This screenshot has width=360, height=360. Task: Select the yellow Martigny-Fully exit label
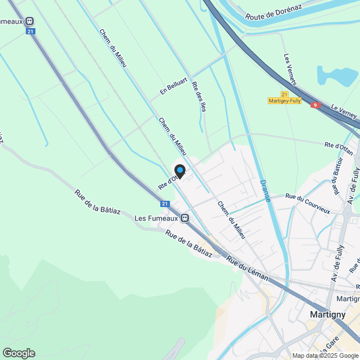tap(284, 101)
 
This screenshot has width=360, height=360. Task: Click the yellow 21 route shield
tap(284, 94)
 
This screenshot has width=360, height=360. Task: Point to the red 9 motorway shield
tap(316, 105)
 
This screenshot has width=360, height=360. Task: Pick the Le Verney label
tap(344, 111)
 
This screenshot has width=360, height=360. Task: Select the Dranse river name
tap(265, 191)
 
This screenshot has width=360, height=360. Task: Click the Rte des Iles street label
tap(199, 96)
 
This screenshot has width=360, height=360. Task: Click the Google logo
tap(19, 353)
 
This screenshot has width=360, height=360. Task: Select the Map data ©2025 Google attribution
tap(325, 355)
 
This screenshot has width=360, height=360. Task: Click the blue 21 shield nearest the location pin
tap(165, 204)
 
